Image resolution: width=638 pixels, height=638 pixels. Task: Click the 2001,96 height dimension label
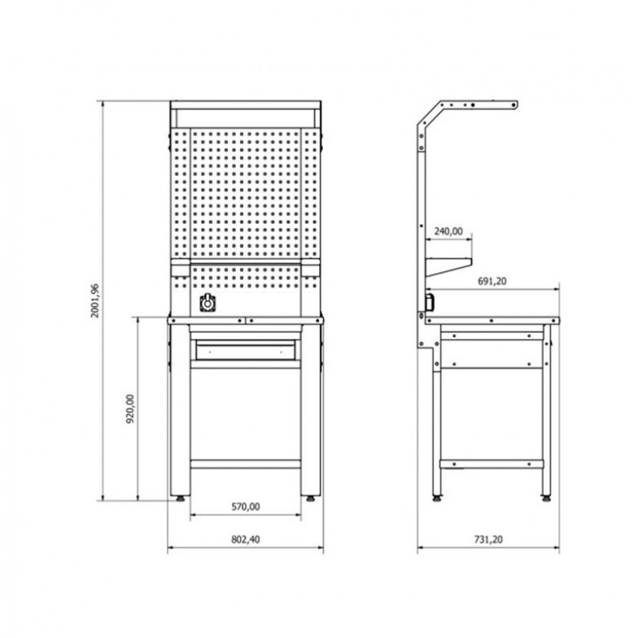tap(95, 301)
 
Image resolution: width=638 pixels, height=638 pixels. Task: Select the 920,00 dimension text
tap(130, 409)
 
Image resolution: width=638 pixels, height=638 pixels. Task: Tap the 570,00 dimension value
tap(246, 506)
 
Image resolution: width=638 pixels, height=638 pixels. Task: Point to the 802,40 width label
tap(246, 539)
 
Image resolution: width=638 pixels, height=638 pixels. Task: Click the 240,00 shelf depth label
tap(448, 231)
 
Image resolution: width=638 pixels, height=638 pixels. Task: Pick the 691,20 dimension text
tap(492, 282)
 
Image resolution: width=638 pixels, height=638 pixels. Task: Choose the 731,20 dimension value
tap(488, 539)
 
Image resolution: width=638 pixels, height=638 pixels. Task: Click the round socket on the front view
tap(207, 303)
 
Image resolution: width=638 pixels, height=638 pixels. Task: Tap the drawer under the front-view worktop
tap(246, 350)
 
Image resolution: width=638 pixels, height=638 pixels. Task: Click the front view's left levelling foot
tap(180, 498)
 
